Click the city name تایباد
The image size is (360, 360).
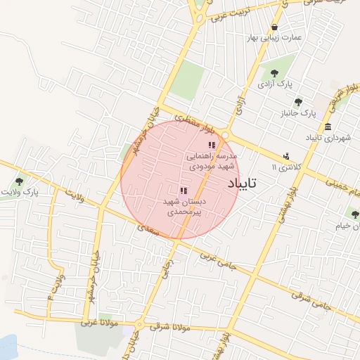click(243, 183)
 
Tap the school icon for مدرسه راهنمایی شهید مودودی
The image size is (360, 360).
click(212, 145)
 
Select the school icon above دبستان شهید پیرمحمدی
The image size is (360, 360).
click(183, 191)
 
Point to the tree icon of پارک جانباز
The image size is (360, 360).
click(298, 102)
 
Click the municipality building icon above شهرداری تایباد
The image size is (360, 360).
click(328, 127)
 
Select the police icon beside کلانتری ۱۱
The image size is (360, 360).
click(286, 156)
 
